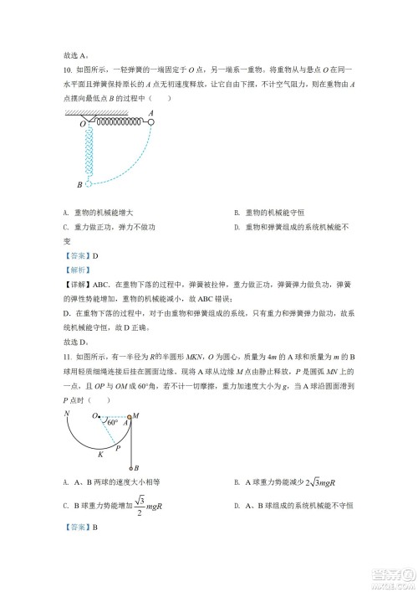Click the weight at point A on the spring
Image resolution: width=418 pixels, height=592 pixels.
click(151, 121)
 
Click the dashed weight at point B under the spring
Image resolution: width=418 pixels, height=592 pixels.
click(88, 183)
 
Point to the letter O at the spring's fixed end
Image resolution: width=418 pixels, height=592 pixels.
click(83, 126)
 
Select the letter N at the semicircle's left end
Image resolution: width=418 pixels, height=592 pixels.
click(65, 413)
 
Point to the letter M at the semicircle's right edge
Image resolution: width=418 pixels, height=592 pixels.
click(135, 414)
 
